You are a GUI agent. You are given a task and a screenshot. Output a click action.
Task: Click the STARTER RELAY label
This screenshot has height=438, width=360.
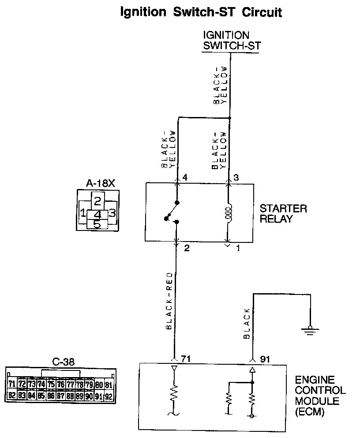click(283, 213)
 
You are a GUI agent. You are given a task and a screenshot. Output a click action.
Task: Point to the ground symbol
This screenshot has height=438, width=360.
click(308, 329)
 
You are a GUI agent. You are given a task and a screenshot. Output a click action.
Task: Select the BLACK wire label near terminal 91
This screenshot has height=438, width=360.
click(247, 323)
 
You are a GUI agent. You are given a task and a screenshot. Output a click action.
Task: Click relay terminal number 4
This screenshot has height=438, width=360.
click(185, 178)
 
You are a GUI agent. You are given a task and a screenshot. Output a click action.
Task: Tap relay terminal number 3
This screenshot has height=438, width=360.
click(236, 178)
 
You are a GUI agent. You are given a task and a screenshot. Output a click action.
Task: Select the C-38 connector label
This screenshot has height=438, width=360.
click(63, 362)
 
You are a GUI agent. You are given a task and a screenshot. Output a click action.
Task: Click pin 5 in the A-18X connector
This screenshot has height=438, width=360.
click(97, 224)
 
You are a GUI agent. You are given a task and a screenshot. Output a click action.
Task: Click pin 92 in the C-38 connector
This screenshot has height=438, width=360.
click(109, 396)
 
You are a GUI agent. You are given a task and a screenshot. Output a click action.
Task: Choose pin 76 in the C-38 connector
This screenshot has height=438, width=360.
click(60, 385)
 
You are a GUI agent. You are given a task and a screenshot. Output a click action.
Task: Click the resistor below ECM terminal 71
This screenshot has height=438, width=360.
click(174, 393)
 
